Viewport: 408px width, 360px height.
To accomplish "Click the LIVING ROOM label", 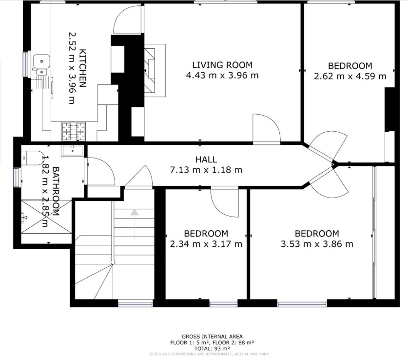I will coord(222,65).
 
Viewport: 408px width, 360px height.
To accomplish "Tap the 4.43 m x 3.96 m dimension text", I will coord(222,75).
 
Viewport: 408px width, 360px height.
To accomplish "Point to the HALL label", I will coord(206,160).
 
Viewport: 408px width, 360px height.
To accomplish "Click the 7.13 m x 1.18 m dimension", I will coord(206,170).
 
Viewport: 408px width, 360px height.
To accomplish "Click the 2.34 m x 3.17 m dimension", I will coord(206,244).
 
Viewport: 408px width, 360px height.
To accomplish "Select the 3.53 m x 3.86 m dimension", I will coord(317,244).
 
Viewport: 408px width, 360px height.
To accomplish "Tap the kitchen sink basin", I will coord(43,62).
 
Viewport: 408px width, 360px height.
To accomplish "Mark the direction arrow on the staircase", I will coord(134,213).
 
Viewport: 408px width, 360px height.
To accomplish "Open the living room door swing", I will coord(266,128).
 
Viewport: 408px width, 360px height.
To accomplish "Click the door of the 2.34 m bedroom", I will coord(224,201).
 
